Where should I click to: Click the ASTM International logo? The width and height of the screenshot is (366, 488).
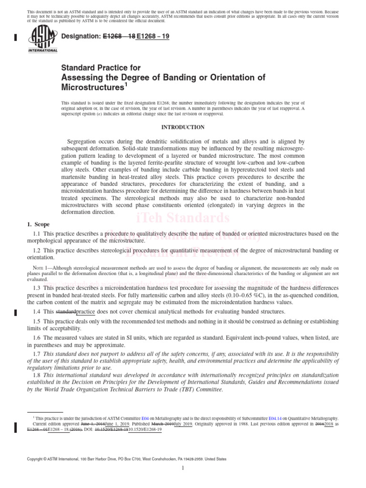(x=43, y=40)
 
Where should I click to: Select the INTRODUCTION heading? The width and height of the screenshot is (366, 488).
(x=183, y=127)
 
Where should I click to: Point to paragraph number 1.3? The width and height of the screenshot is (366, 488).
(x=37, y=289)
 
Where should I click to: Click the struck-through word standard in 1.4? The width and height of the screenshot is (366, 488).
(x=65, y=312)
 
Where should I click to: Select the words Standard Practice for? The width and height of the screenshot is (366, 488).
(x=101, y=68)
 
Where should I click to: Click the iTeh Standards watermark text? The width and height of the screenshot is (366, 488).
(x=183, y=218)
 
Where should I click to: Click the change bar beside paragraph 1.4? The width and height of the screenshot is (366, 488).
(x=17, y=312)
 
